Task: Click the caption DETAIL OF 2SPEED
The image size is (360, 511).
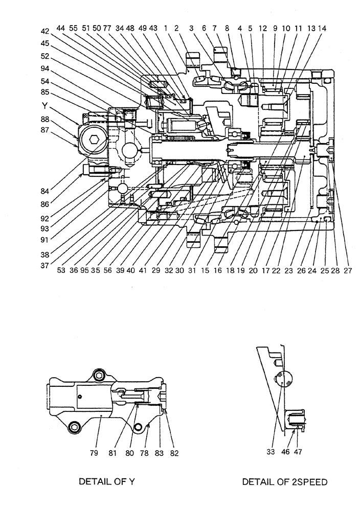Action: point(284,481)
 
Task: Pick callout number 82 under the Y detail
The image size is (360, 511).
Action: point(174,452)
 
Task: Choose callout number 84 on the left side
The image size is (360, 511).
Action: point(46,191)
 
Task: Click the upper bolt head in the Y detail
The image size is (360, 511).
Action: point(99,376)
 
